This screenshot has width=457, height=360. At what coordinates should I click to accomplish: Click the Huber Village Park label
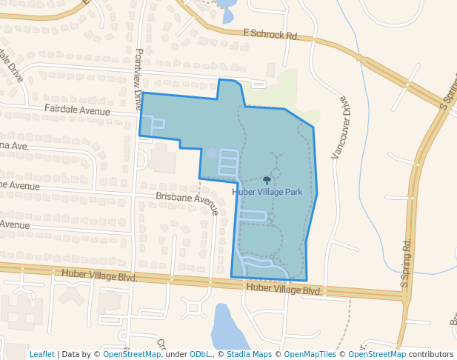pos(267,192)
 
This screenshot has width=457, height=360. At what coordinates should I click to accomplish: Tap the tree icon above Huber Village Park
pos(267,180)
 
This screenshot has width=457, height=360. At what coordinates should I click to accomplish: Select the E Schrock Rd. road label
pos(270,34)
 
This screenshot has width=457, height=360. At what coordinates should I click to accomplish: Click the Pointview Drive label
pos(138,79)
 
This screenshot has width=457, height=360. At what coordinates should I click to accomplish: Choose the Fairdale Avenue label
pos(77,109)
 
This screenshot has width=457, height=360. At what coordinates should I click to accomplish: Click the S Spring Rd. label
pos(405,263)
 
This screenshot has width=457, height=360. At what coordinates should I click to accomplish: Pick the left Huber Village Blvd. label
pos(100,275)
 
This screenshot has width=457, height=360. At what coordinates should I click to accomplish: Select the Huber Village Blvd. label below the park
pos(284,290)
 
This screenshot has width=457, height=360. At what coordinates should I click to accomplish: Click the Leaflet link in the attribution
pos(41,355)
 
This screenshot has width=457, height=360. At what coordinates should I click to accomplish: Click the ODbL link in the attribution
pos(200,355)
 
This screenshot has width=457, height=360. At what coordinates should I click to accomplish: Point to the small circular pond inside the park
pos(212,153)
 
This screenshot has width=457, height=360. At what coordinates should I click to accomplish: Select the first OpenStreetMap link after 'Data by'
pos(132,355)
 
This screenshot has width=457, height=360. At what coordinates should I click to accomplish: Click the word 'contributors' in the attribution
pos(430,355)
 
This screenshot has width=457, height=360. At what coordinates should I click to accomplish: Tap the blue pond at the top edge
pos(227,10)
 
